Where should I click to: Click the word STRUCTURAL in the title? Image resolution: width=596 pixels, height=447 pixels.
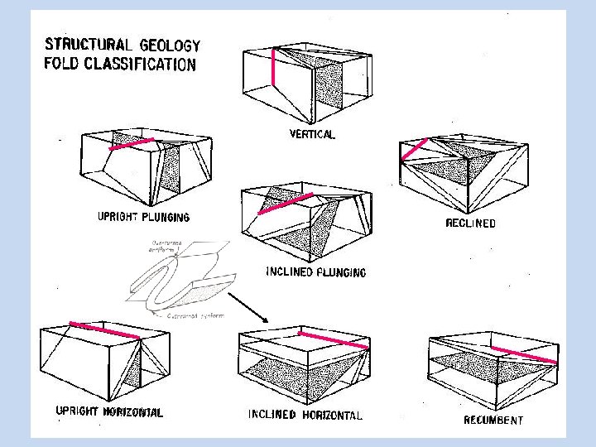[89, 44]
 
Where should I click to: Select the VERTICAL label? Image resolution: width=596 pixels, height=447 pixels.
[312, 135]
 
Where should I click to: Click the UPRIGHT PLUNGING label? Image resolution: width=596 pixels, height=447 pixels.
[143, 218]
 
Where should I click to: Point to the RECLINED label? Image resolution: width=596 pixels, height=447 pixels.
[470, 223]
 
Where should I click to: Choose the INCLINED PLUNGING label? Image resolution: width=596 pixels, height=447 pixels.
[315, 272]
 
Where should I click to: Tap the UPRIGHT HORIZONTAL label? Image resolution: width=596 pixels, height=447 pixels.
[109, 411]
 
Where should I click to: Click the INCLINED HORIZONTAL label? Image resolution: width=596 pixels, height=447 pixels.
[305, 415]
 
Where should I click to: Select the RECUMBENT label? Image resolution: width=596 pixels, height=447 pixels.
[493, 421]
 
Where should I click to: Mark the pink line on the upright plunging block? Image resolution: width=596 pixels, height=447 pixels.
[132, 145]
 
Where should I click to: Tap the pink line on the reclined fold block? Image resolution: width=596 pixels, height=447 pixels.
[413, 150]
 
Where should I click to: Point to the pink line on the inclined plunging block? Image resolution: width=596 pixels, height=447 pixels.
[286, 204]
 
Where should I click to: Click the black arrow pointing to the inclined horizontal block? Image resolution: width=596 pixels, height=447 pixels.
[248, 307]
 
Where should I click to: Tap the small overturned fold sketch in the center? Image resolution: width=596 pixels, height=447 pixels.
[178, 277]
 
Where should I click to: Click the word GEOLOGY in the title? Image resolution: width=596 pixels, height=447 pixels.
[170, 46]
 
